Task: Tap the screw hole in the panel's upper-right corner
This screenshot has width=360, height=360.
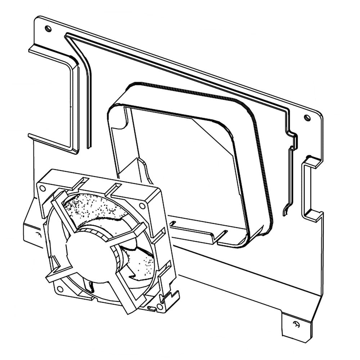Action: tap(307, 117)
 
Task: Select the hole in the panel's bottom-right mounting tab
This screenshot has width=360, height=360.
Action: tap(296, 323)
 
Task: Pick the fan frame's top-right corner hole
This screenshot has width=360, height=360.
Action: tap(142, 206)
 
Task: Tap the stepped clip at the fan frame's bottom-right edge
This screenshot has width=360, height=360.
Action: tap(170, 297)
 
